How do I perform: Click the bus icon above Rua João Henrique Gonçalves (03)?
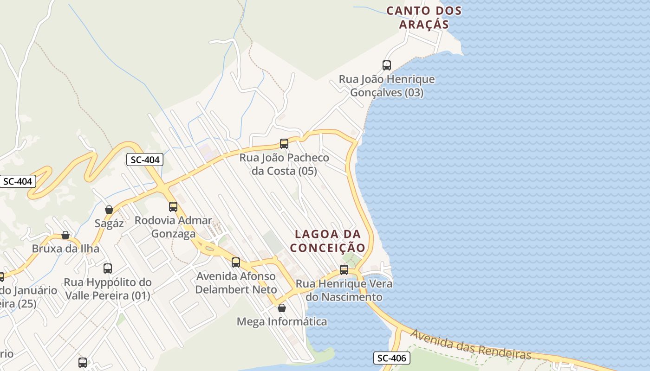387,65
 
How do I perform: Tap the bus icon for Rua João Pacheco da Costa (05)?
284,143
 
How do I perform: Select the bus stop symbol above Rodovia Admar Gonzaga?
173,206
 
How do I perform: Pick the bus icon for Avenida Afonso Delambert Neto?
236,262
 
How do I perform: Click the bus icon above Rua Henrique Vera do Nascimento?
344,269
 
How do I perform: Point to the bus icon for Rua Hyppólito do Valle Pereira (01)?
108,268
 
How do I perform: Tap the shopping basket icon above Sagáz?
109,210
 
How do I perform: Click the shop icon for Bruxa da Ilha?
65,235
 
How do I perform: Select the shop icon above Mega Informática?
282,307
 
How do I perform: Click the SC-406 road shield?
391,358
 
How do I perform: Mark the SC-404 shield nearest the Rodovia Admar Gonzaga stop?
145,160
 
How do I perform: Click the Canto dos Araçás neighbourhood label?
424,18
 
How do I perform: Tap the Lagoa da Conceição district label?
328,241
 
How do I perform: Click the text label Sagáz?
109,224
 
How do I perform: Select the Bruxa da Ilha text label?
65,249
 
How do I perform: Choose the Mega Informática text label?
282,321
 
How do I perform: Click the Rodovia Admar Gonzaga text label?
173,227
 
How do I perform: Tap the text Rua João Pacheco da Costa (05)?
284,164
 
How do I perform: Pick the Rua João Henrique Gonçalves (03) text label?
387,86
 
